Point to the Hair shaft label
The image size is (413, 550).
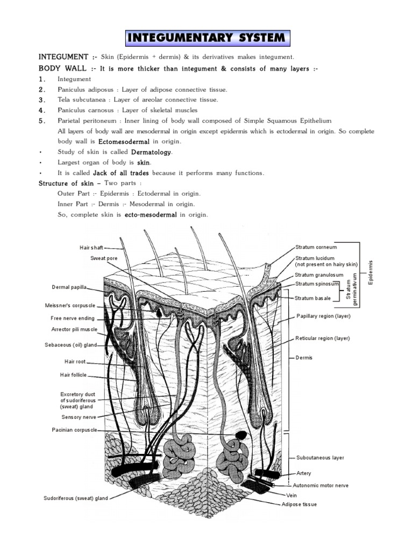[x=90, y=248]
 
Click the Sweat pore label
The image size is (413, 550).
[x=104, y=258]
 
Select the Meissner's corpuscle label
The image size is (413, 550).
[x=72, y=306]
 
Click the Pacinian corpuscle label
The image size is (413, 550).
[x=75, y=430]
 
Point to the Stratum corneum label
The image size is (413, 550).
[x=316, y=247]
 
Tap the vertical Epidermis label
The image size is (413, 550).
[x=370, y=272]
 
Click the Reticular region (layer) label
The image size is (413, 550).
[x=323, y=338]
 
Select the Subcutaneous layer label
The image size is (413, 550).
[x=320, y=458]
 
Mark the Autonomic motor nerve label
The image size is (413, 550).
[x=321, y=485]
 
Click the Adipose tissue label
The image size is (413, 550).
[x=300, y=504]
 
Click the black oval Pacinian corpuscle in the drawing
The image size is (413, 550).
[x=242, y=433]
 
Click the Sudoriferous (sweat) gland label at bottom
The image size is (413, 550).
[x=76, y=498]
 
